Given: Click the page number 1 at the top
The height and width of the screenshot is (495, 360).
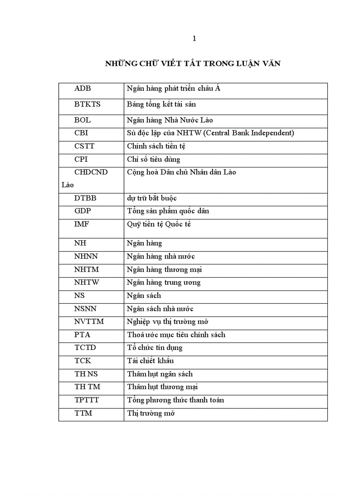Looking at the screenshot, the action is point(194,39).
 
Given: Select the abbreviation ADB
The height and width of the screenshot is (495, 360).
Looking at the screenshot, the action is point(83,89).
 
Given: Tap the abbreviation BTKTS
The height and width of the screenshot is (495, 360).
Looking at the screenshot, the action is point(87,104).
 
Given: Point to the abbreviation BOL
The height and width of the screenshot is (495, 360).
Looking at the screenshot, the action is point(82,120).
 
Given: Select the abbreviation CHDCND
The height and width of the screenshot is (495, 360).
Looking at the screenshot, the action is point(91,172).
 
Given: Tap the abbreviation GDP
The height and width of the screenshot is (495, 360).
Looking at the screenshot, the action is point(83,211).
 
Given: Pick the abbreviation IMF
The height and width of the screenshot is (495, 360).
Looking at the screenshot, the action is point(82,224).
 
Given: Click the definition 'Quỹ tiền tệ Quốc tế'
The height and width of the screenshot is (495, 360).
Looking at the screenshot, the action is point(159,224).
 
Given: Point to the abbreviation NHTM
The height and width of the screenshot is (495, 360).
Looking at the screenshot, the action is point(86,269).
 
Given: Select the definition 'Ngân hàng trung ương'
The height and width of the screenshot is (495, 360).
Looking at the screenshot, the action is point(164,282).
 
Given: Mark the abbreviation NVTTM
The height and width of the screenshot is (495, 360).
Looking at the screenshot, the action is point(89,321).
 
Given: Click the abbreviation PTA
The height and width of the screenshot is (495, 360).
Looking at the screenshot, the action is point(82,335).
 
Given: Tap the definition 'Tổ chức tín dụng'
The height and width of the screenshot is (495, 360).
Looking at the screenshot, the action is point(155,348).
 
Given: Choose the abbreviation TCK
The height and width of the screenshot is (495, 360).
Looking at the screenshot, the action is point(83,361).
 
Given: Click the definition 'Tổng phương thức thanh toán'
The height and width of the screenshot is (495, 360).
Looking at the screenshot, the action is point(176,400).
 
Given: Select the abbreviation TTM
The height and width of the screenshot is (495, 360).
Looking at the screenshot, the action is point(83,413).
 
